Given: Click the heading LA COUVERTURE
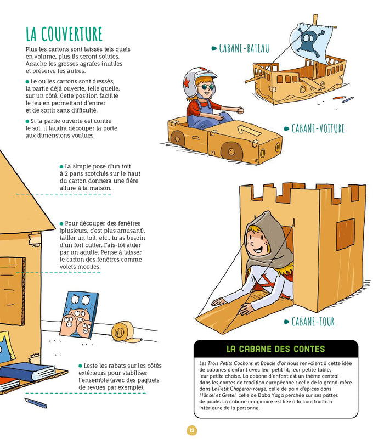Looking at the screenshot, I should (64, 33).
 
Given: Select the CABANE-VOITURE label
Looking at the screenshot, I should (318, 128).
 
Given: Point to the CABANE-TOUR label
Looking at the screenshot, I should (312, 322).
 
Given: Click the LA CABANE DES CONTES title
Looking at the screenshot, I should (275, 349).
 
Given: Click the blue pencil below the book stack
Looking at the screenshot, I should (35, 404).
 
